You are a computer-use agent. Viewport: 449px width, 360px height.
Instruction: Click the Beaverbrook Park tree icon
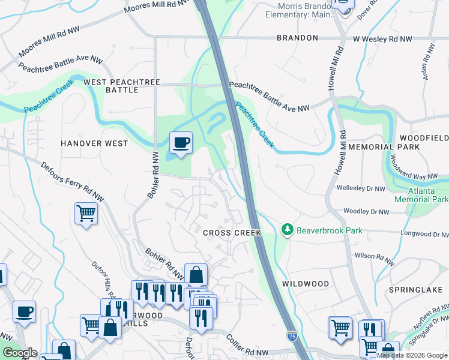(x=288, y=230)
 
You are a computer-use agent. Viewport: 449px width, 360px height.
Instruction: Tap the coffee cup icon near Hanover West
(x=181, y=143)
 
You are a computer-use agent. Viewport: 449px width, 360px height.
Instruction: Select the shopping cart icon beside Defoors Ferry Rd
(x=86, y=212)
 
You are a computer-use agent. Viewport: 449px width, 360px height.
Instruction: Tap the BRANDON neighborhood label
(x=297, y=38)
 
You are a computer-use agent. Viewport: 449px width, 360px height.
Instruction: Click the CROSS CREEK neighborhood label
(x=232, y=233)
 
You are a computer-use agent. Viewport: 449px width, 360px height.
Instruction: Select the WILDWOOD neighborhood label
(x=306, y=283)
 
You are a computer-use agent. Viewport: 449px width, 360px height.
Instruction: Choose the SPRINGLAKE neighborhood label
(x=411, y=289)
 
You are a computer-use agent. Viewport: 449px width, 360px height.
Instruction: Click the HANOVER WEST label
(x=94, y=143)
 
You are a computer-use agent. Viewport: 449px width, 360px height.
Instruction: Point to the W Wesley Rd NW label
(x=382, y=38)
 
